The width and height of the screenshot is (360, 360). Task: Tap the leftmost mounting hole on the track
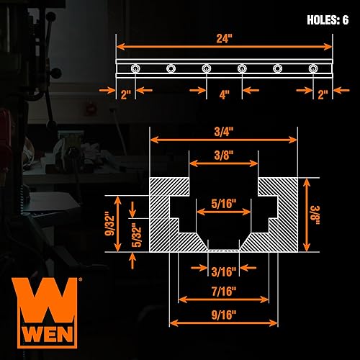[x=135, y=68]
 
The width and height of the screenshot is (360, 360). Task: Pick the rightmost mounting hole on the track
[x=313, y=68]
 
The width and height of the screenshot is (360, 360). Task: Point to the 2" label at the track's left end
[x=125, y=92]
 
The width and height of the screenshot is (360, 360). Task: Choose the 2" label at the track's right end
[x=322, y=92]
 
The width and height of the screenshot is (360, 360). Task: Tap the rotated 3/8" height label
[x=314, y=214]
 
